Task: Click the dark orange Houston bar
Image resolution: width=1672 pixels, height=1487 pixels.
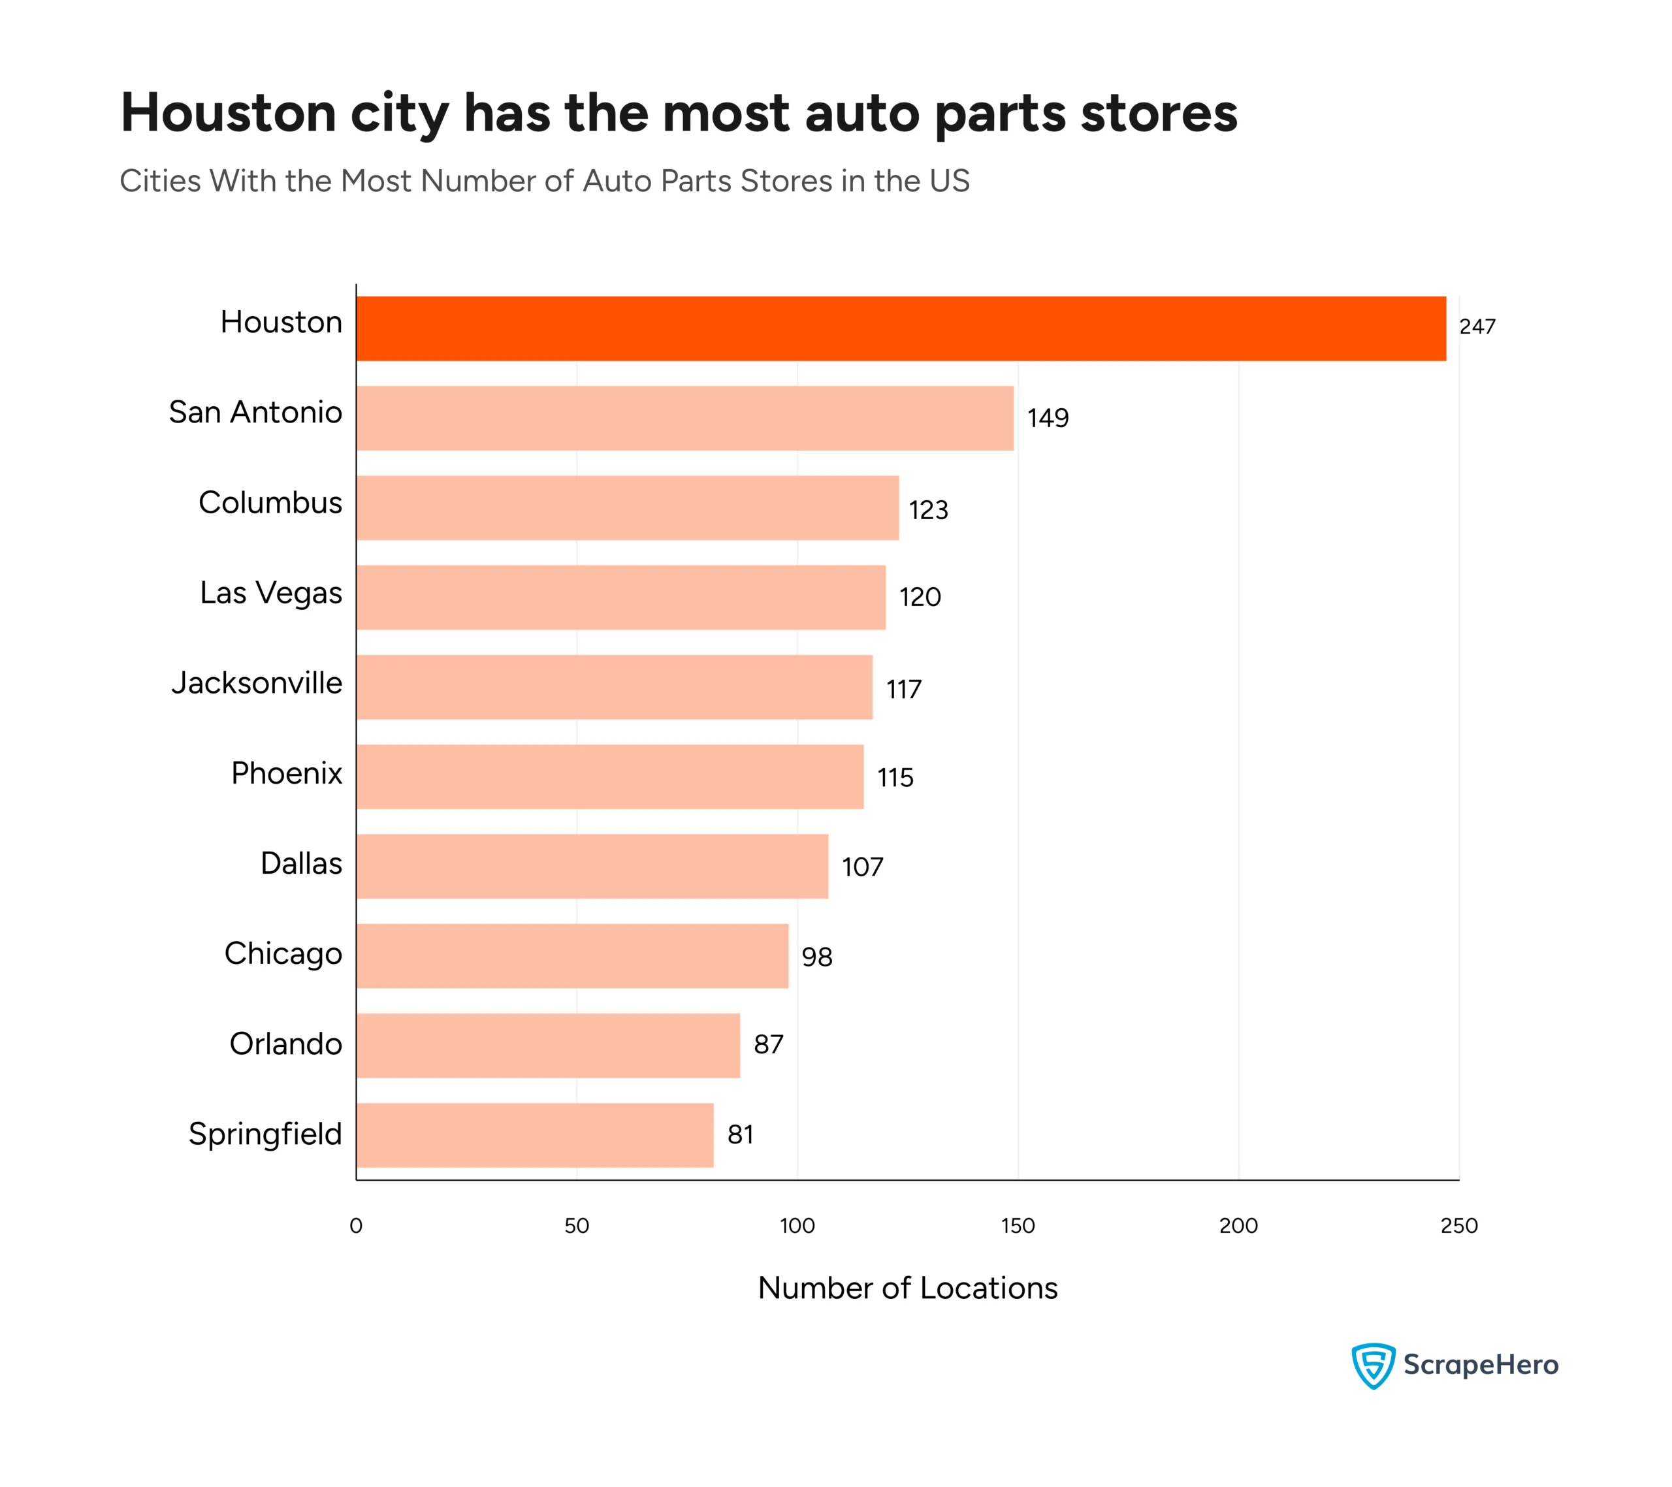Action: click(900, 328)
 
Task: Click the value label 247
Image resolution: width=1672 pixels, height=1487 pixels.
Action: click(1477, 327)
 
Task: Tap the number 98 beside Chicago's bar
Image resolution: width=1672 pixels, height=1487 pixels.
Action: click(816, 956)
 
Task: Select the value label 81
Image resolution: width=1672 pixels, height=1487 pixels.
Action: click(739, 1134)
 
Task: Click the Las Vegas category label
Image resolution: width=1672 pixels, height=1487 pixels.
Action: click(271, 593)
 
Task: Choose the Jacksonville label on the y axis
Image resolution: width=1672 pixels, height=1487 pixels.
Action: click(256, 683)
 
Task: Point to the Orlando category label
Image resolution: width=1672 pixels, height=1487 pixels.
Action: click(285, 1044)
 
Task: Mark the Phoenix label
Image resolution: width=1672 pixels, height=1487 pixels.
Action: click(286, 773)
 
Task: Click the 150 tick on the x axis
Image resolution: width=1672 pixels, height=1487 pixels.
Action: click(1018, 1225)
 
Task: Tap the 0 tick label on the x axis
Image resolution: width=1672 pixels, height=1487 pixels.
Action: click(356, 1225)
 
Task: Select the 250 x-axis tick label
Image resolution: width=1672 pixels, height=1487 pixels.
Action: click(1458, 1225)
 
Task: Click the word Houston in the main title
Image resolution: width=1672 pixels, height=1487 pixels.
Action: click(228, 112)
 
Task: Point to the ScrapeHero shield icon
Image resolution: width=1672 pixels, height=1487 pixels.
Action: click(1373, 1365)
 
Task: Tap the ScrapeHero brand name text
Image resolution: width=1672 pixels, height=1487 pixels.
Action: click(1481, 1364)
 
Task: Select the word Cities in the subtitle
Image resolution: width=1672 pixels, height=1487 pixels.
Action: click(160, 181)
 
